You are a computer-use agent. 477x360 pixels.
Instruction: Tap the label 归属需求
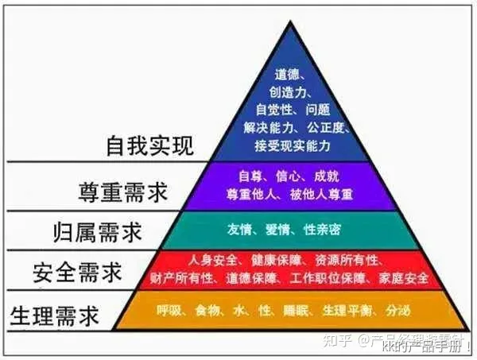click(x=99, y=232)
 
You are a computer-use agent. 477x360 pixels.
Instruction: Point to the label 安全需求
click(x=78, y=273)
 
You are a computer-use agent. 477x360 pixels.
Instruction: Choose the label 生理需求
click(x=55, y=315)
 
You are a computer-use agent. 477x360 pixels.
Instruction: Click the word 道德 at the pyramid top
click(x=288, y=74)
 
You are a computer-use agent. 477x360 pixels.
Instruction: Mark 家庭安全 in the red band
click(x=405, y=278)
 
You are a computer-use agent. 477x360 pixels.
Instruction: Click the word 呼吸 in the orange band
click(x=171, y=310)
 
